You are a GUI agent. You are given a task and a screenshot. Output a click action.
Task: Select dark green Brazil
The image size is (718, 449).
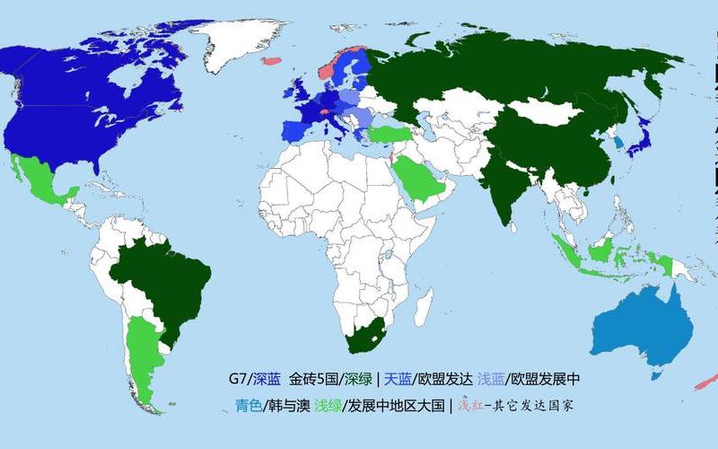pos(162,278)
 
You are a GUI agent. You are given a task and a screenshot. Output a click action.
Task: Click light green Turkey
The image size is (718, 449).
pos(389,135)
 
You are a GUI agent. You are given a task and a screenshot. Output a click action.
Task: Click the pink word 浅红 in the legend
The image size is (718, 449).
pos(471,405)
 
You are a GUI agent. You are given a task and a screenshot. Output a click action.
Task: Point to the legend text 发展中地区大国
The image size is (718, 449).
pos(400,405)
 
